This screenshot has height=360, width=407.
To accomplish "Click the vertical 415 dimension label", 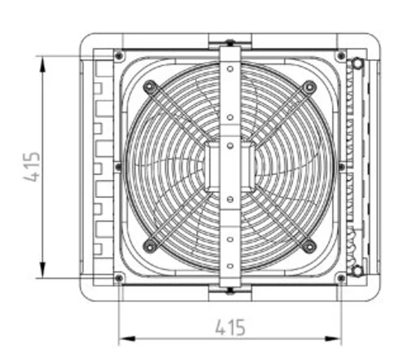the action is pyautogui.click(x=32, y=167).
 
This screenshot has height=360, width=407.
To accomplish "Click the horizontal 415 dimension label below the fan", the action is pyautogui.click(x=230, y=327).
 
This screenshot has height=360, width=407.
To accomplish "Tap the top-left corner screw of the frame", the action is pyautogui.click(x=119, y=56).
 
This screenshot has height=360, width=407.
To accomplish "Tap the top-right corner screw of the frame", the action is pyautogui.click(x=341, y=56).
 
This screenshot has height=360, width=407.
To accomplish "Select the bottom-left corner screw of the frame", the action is pyautogui.click(x=119, y=278).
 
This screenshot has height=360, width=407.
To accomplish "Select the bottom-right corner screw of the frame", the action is pyautogui.click(x=341, y=278).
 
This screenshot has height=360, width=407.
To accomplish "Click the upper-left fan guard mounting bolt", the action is pyautogui.click(x=149, y=86).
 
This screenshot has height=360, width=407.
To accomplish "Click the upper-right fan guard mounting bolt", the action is pyautogui.click(x=309, y=87).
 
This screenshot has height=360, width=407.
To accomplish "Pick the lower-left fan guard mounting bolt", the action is pyautogui.click(x=149, y=247).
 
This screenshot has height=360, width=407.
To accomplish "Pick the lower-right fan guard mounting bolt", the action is pyautogui.click(x=309, y=247).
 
